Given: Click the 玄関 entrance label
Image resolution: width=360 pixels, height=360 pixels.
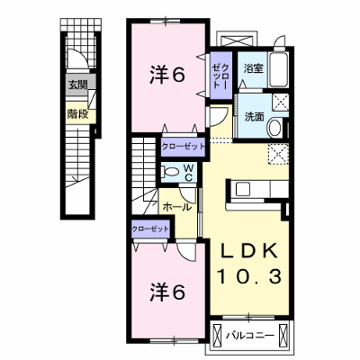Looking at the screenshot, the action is [x=77, y=85].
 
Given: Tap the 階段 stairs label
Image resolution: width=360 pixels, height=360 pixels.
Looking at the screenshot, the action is [x=77, y=113].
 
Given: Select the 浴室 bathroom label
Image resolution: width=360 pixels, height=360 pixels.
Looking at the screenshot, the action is [x=253, y=68].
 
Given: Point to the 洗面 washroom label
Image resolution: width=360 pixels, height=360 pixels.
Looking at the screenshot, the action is [x=254, y=116].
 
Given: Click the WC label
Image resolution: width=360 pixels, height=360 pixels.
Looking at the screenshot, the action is [x=188, y=173].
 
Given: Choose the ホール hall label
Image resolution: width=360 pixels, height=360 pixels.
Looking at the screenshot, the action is [x=177, y=207].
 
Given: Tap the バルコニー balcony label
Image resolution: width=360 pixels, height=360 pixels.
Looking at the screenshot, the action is [x=250, y=335].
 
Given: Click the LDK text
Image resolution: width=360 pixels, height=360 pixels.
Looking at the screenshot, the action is [x=249, y=251].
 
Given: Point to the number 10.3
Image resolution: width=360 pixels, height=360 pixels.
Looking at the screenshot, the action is [x=249, y=276].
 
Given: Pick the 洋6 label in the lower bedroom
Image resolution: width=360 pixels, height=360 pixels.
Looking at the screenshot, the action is [x=166, y=292].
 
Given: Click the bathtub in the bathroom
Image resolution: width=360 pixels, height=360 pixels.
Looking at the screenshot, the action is [x=279, y=69].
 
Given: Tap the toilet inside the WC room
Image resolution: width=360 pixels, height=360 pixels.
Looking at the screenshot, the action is [x=169, y=172].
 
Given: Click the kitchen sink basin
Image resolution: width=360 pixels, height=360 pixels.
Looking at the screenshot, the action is [x=243, y=189].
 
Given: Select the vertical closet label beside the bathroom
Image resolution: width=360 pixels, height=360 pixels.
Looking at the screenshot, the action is [x=220, y=76].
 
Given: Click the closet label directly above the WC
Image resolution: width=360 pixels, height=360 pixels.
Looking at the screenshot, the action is [x=183, y=147].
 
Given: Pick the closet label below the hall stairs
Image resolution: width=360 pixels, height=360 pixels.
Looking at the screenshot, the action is [x=150, y=229].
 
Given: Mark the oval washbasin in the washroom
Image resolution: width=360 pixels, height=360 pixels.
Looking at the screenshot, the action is [x=275, y=128].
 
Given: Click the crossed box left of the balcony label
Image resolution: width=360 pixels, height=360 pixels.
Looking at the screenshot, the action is [x=216, y=335].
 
